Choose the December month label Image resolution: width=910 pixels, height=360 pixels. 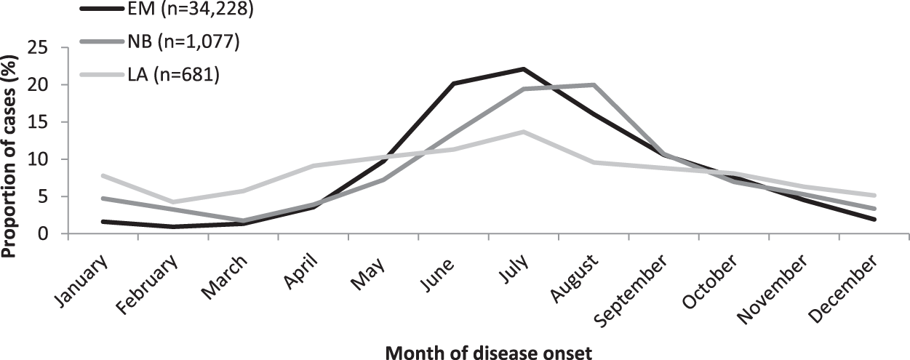(851, 283)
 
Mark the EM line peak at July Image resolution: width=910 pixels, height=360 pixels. (523, 69)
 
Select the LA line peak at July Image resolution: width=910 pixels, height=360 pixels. (523, 132)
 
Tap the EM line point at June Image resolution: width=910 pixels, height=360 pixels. (452, 84)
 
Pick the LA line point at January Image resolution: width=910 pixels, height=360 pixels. (103, 175)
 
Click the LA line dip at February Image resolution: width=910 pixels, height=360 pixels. (172, 201)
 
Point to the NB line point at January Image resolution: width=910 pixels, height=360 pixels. (103, 198)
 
